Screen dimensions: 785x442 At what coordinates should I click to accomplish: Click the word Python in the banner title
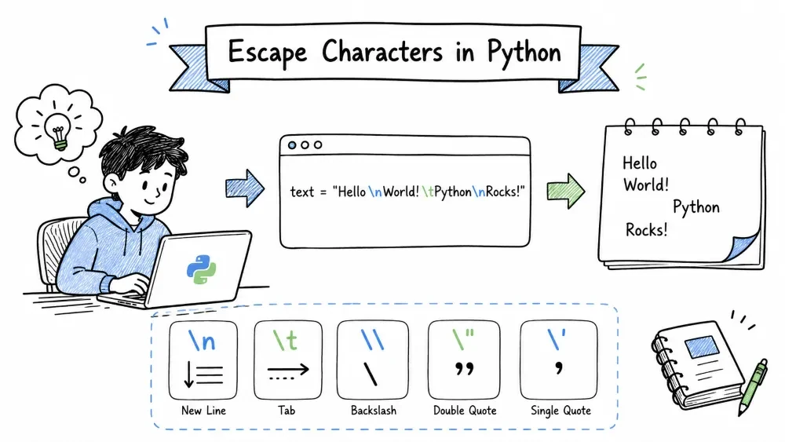coord(524,53)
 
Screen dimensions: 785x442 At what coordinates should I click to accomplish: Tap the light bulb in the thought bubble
coord(58,130)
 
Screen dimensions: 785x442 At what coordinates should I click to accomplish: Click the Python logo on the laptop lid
coord(201,269)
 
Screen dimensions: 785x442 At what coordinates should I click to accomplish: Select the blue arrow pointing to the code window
coord(245,188)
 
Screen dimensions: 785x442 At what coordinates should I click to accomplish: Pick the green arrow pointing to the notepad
coord(566,191)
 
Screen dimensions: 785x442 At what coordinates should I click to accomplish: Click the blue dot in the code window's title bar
coord(292,145)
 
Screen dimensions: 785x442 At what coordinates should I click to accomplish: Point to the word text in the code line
coord(302,192)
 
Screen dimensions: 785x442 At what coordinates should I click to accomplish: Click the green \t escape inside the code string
coord(428,192)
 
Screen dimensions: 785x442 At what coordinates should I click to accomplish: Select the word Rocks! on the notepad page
coord(646,230)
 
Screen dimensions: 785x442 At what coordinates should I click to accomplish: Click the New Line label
coord(204,411)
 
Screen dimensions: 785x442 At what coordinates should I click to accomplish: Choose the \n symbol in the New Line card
coord(202,341)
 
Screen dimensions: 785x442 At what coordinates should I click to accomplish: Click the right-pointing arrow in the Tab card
coord(288,370)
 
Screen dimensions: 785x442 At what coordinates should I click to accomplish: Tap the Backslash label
coord(374,411)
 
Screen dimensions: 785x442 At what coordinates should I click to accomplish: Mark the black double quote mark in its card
coord(464,370)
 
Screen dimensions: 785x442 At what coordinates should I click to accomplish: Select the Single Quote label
coord(560,411)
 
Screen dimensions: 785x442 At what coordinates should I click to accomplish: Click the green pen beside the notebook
coord(753,387)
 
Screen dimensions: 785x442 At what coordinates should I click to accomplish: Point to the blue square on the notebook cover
coord(701,346)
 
